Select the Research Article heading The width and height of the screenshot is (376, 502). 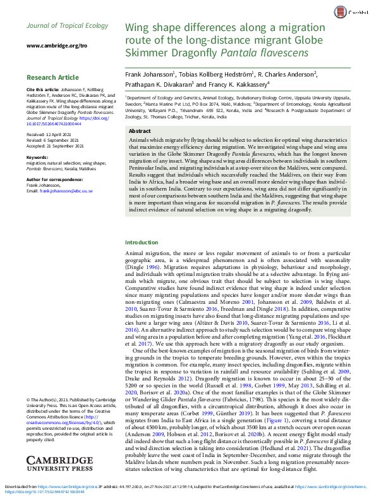coord(53,77)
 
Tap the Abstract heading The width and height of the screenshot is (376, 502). coord(140,131)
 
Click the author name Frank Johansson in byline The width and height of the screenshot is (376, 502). coord(149,74)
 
